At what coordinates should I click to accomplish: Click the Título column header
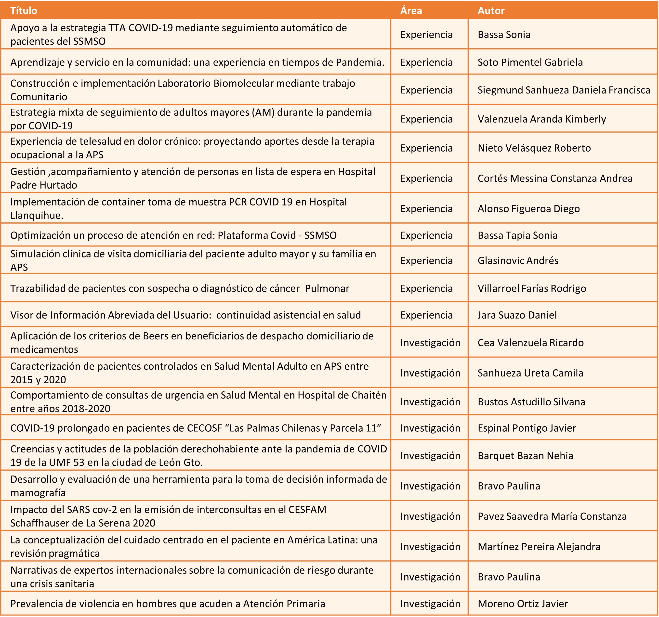click(24, 11)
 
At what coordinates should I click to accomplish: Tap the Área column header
click(411, 11)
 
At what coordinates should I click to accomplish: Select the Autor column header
click(491, 11)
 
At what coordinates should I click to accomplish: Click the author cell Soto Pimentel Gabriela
click(530, 62)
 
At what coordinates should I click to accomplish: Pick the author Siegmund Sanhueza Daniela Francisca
click(564, 90)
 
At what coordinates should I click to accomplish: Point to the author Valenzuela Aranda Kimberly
click(542, 119)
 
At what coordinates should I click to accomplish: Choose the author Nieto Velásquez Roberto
click(534, 148)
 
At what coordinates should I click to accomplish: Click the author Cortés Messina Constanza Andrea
click(555, 178)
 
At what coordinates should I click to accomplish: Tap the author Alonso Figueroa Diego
click(529, 209)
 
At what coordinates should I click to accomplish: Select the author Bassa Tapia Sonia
click(517, 235)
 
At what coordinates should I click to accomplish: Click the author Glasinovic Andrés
click(518, 260)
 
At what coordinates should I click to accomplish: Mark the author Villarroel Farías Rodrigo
click(532, 288)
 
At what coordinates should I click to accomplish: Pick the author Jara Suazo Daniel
click(517, 315)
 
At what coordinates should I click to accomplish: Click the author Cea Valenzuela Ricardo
click(530, 343)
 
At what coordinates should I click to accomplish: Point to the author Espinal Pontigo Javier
click(527, 428)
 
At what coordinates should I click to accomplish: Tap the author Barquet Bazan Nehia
click(526, 456)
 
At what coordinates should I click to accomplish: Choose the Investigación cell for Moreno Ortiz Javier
click(430, 604)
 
